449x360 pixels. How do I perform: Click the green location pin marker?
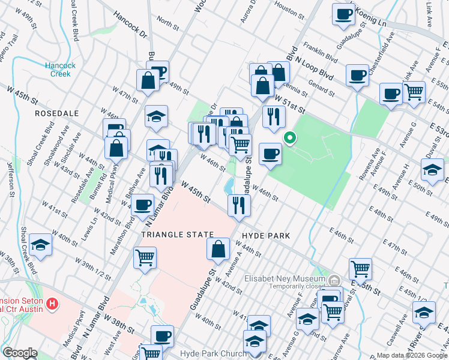pyautogui.click(x=289, y=138)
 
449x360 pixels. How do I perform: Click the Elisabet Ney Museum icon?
pyautogui.click(x=334, y=280)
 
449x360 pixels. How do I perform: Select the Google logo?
pyautogui.click(x=20, y=353)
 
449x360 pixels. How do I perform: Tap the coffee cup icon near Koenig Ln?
pyautogui.click(x=343, y=15)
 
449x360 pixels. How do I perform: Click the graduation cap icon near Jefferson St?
pyautogui.click(x=40, y=245)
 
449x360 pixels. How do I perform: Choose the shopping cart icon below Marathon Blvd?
pyautogui.click(x=145, y=258)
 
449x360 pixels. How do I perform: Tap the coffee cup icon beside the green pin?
pyautogui.click(x=270, y=154)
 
